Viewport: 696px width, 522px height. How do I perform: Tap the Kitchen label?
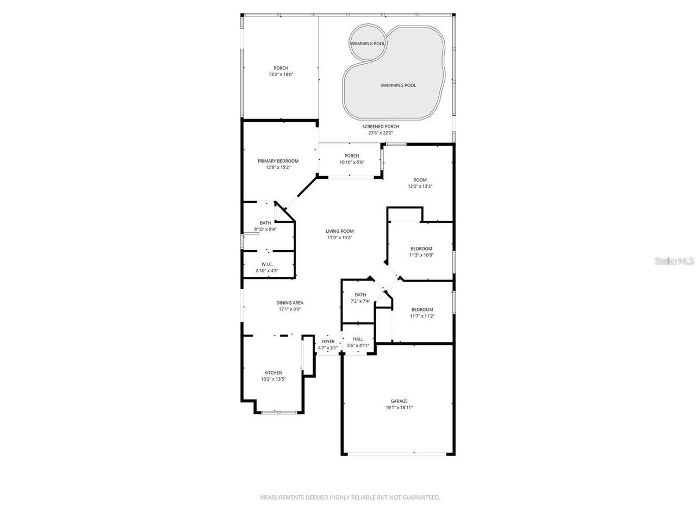click(x=271, y=372)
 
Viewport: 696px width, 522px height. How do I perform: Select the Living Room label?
click(x=340, y=231)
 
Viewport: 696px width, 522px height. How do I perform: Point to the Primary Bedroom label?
click(x=278, y=161)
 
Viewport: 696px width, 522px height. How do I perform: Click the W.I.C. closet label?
click(x=266, y=264)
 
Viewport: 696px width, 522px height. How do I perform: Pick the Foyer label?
click(x=328, y=341)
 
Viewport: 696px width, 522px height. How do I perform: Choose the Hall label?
click(x=358, y=339)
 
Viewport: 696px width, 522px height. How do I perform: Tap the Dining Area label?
click(x=290, y=303)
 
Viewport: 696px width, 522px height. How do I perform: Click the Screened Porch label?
click(x=381, y=127)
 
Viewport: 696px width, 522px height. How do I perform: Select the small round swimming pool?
click(x=368, y=43)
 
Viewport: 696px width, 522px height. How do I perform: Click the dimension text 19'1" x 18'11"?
click(x=399, y=407)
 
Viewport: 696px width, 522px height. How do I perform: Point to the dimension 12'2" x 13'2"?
click(x=420, y=187)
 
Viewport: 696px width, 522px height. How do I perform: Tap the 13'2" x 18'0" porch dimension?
click(x=281, y=74)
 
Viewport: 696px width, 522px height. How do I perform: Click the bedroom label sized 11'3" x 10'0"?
click(x=421, y=248)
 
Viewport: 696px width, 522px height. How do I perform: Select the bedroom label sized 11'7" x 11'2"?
click(x=422, y=309)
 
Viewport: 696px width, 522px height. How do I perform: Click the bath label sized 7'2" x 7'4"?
click(x=361, y=295)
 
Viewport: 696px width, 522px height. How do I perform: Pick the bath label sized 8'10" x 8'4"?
click(x=265, y=223)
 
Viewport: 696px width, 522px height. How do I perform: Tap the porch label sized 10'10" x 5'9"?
click(x=352, y=156)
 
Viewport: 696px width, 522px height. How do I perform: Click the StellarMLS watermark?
click(x=674, y=262)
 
